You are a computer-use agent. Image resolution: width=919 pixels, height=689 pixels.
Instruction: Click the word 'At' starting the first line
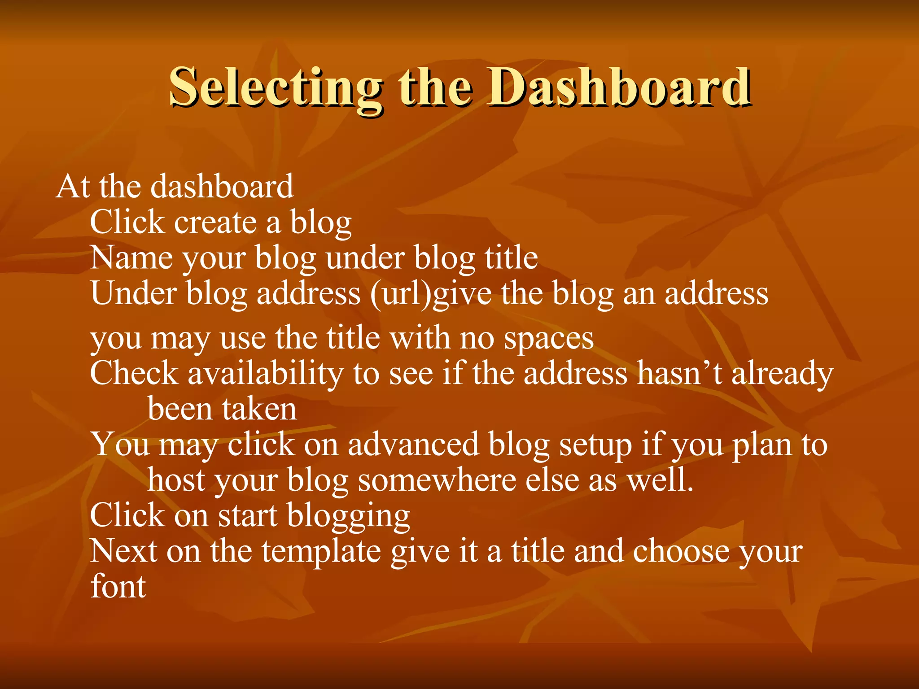(x=73, y=186)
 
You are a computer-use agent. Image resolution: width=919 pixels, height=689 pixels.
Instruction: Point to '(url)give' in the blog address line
(x=431, y=295)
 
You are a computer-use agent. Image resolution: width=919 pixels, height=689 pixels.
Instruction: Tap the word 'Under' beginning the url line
(x=133, y=294)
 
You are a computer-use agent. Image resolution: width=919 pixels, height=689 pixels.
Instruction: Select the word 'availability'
(x=265, y=374)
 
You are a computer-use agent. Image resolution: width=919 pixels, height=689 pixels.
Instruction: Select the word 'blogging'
(x=348, y=516)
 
